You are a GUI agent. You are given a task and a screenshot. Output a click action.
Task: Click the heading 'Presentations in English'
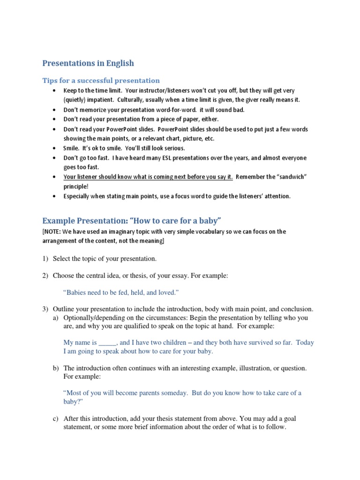pyautogui.click(x=88, y=63)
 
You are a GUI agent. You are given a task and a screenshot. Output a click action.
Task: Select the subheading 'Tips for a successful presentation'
pyautogui.click(x=101, y=80)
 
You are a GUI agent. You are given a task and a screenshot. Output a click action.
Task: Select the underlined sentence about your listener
pyautogui.click(x=148, y=177)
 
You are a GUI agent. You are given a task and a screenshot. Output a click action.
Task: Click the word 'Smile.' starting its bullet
pyautogui.click(x=72, y=148)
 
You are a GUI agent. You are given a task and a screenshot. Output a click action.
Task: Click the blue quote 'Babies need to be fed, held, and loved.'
pyautogui.click(x=121, y=292)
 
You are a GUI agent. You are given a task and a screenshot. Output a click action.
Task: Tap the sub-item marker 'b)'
pyautogui.click(x=56, y=368)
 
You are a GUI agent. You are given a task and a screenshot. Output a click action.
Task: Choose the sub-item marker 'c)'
pyautogui.click(x=56, y=418)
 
